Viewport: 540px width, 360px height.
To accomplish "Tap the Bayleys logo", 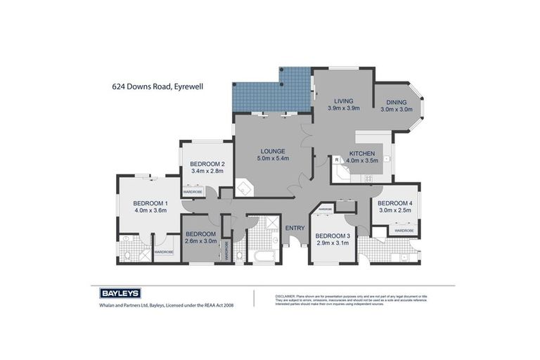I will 115,293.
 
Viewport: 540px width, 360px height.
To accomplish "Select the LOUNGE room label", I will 271,150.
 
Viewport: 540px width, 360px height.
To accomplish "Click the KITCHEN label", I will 362,153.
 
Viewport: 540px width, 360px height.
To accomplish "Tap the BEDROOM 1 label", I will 149,202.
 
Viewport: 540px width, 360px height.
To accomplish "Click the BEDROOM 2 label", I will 207,164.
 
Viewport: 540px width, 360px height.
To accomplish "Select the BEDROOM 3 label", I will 332,236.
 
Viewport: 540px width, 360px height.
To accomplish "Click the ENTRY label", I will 295,227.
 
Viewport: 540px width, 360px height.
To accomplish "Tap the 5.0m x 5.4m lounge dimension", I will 271,158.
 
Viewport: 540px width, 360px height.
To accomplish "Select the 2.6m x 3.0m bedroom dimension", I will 200,241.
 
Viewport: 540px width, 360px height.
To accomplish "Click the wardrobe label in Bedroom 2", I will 193,191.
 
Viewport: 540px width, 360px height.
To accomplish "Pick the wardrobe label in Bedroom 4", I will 404,230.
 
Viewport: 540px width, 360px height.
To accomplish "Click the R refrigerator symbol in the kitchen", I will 337,160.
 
